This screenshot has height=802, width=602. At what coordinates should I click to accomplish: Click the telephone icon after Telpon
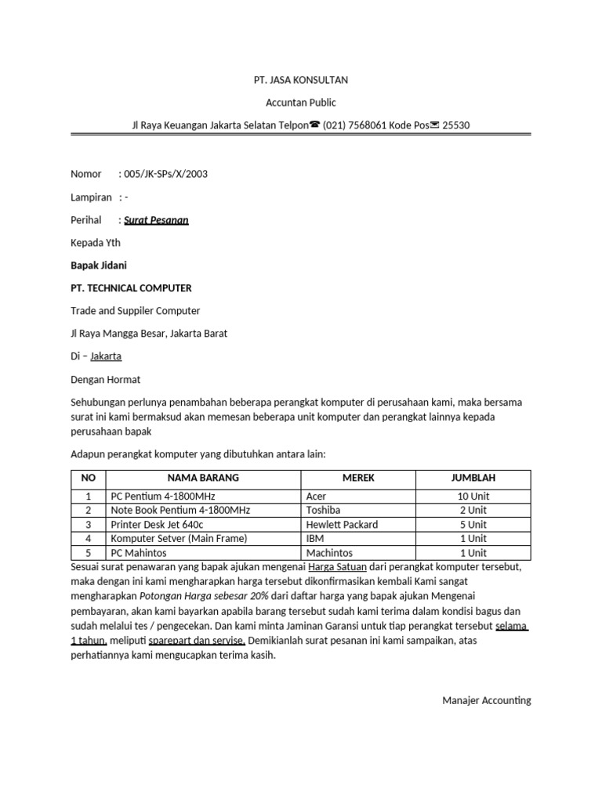[314, 125]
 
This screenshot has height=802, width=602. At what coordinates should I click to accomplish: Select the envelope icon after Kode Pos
[435, 125]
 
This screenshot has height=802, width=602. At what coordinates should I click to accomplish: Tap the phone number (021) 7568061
[354, 125]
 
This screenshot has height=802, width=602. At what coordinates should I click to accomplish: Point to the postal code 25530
[456, 125]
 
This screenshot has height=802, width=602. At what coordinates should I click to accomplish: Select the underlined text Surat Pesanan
[156, 220]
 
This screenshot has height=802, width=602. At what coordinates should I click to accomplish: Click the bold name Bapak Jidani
[99, 266]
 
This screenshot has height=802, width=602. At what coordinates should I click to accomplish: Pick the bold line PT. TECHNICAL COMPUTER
[131, 288]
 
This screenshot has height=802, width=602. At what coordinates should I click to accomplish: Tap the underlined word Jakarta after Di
[106, 356]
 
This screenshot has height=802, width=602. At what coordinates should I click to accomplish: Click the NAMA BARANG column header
[203, 478]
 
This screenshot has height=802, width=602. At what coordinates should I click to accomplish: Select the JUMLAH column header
[473, 478]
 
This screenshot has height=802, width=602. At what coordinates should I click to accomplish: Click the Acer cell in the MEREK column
[317, 497]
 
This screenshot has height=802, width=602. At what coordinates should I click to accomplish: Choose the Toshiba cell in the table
[323, 511]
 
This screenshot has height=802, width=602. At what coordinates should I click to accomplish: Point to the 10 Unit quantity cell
[473, 497]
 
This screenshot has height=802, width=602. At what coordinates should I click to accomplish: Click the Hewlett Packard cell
[342, 525]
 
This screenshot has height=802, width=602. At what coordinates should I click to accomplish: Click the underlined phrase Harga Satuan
[337, 566]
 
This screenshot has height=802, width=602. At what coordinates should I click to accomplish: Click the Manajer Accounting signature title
[486, 700]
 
